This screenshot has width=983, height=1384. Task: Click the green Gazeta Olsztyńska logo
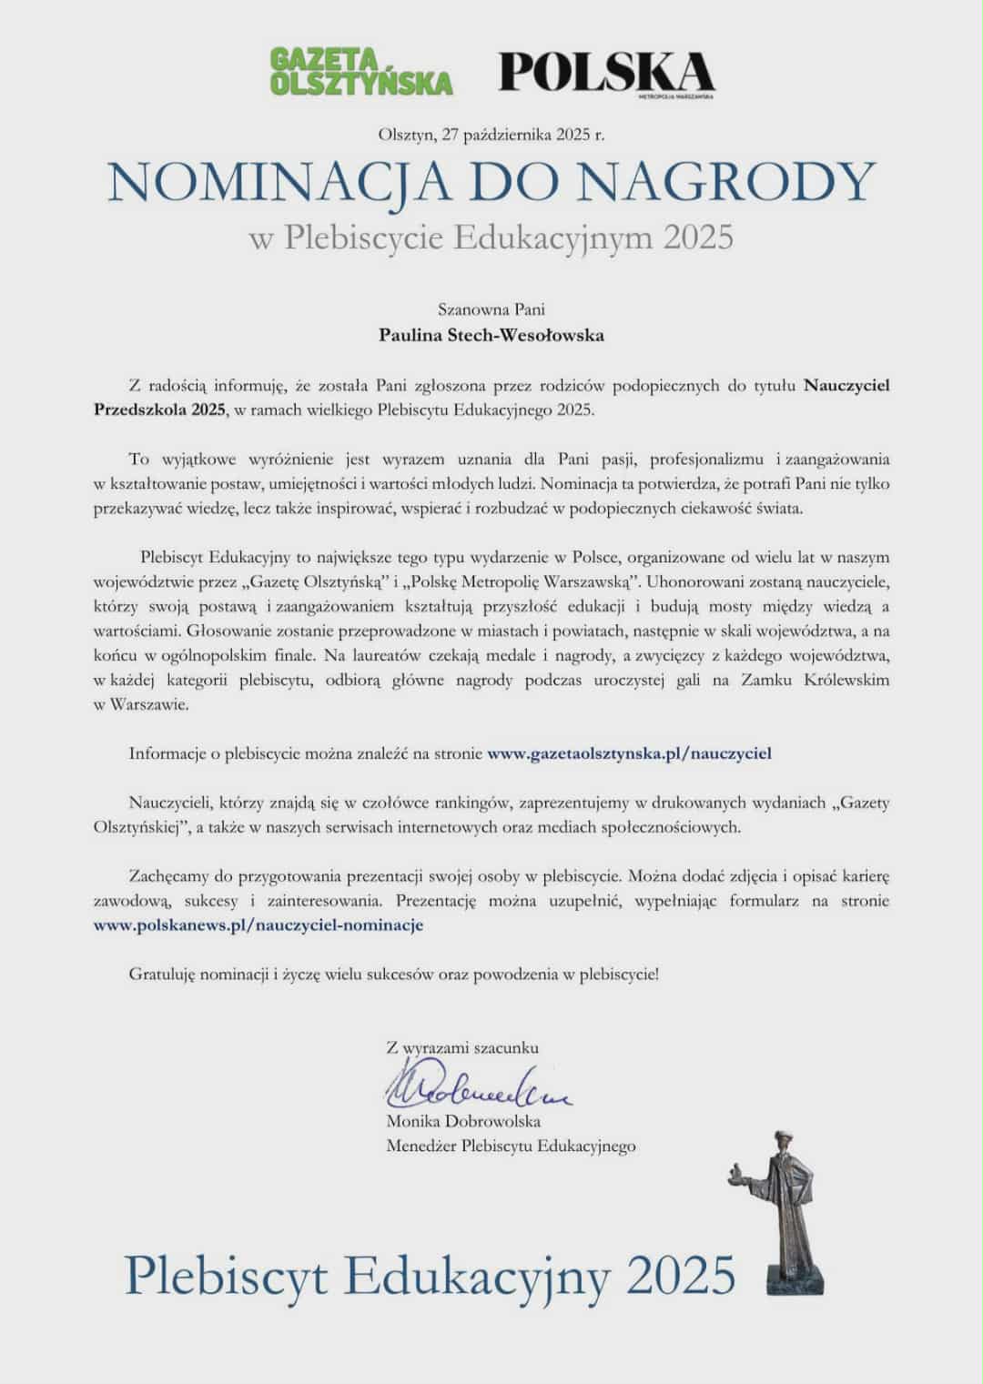tap(361, 71)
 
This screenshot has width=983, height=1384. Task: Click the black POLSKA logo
tap(607, 71)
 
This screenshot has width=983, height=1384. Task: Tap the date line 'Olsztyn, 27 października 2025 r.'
tap(491, 135)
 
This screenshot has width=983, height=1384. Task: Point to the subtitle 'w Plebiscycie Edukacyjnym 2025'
tap(491, 237)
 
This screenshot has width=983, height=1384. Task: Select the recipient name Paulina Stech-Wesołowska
tap(491, 335)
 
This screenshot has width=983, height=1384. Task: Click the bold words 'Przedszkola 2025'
tap(159, 409)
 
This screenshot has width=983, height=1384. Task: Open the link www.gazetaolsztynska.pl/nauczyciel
tap(630, 753)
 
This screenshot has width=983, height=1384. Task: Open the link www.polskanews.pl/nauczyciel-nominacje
tap(258, 925)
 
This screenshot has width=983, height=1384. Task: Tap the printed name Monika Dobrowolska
tap(463, 1121)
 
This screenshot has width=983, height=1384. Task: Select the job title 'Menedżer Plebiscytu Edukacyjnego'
tap(511, 1147)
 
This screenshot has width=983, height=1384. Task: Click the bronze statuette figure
tap(781, 1201)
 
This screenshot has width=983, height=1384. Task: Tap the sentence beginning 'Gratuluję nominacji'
tap(393, 974)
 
